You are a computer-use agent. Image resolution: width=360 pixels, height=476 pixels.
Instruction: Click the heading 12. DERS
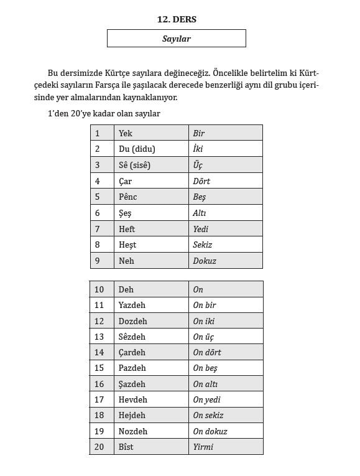[177, 19]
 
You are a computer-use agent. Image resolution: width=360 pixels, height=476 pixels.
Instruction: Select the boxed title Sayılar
[177, 39]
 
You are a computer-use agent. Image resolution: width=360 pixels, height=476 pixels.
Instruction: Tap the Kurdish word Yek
[125, 133]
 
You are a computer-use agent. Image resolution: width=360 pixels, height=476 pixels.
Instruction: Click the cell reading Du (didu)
[137, 149]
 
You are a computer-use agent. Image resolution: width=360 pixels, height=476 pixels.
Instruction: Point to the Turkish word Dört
[201, 181]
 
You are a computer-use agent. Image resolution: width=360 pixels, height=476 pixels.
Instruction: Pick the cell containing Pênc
[127, 197]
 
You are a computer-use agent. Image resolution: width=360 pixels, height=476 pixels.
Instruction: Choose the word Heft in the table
[126, 229]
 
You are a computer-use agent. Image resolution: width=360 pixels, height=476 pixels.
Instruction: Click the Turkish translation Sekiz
[203, 245]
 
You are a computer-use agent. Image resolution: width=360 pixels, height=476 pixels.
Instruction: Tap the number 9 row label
[97, 261]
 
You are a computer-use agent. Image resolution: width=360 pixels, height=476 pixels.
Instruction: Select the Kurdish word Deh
[126, 289]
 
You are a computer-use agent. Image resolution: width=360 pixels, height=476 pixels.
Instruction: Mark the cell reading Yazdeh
[132, 305]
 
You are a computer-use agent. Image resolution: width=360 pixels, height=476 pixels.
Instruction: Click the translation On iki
[203, 321]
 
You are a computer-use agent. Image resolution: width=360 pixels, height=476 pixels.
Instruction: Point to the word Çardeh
[132, 352]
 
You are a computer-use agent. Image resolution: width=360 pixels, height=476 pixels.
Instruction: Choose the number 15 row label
[99, 368]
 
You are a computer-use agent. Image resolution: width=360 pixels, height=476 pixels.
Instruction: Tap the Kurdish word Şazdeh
[132, 384]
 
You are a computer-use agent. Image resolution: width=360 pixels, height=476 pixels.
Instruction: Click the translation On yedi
[206, 399]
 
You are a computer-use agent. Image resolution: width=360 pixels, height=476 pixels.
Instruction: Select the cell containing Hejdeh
[132, 415]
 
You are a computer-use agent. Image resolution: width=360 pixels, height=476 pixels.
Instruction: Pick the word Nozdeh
[132, 431]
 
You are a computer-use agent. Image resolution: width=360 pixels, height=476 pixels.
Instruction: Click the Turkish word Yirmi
[203, 447]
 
